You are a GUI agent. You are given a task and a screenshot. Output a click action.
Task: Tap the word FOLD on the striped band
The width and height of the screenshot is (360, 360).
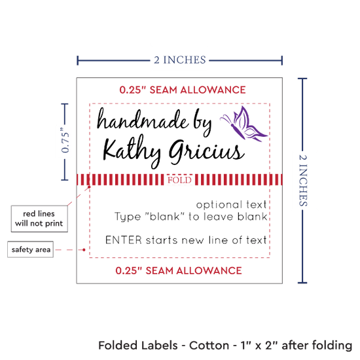[179, 180]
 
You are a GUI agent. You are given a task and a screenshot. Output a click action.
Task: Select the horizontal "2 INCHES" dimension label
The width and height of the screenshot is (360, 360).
[180, 60]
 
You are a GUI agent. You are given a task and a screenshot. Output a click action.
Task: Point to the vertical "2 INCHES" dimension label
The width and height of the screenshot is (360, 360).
[303, 181]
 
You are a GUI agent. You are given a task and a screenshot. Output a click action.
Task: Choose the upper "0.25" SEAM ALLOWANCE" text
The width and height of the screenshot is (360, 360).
[183, 90]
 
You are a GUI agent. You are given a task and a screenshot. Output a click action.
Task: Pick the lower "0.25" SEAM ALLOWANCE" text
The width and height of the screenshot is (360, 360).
[179, 271]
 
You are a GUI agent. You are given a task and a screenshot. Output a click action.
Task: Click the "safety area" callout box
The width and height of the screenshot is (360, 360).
[31, 249]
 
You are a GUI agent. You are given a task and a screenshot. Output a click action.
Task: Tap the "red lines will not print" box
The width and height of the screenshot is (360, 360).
[39, 219]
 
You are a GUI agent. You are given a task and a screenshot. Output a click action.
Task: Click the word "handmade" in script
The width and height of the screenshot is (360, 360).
[143, 120]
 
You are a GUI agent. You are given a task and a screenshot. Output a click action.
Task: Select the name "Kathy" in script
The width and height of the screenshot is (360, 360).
[132, 151]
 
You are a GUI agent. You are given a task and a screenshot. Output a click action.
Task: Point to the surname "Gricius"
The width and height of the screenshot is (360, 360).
[206, 152]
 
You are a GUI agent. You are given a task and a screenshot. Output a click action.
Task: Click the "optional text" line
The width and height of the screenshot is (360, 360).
[232, 204]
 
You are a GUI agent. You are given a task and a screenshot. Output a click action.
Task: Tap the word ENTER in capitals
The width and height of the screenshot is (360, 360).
[124, 240]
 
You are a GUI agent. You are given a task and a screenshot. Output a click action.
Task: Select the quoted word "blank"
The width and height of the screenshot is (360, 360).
[164, 216]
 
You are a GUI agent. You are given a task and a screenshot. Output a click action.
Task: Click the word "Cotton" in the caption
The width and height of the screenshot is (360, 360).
[209, 346]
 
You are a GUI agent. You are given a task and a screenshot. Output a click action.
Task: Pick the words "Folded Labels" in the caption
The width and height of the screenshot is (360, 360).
[138, 346]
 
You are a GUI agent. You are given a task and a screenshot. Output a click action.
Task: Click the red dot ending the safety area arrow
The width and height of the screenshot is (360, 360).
[84, 249]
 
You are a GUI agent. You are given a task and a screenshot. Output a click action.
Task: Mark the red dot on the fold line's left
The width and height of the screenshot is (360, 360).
[89, 187]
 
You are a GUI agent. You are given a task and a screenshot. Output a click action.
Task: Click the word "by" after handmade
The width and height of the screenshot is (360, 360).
[202, 123]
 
